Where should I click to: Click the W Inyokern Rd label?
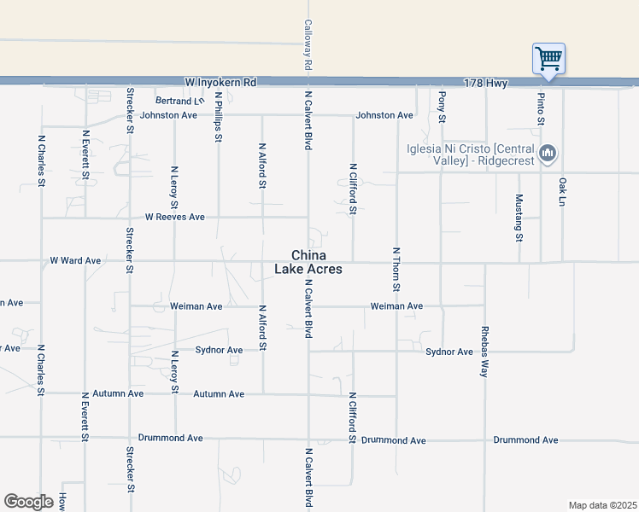[220, 83]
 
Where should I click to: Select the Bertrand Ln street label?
[180, 101]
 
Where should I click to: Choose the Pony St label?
[442, 105]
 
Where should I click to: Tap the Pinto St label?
[541, 108]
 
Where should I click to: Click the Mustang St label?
[519, 218]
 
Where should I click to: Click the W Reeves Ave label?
[174, 218]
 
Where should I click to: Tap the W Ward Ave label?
[75, 260]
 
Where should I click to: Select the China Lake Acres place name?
[308, 262]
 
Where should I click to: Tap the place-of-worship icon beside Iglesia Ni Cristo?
[548, 154]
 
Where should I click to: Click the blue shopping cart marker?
[548, 60]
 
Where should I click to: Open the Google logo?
[27, 502]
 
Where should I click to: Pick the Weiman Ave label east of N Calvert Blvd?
[396, 306]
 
